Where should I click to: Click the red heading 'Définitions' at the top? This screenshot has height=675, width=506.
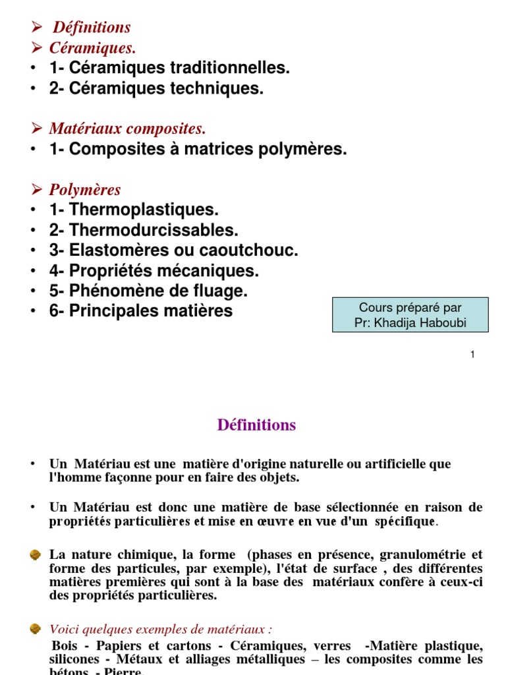tap(92, 27)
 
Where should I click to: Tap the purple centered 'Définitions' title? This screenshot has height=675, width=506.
tap(256, 425)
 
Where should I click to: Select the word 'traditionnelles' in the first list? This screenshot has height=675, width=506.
tap(228, 68)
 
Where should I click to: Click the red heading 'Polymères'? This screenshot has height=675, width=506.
tap(85, 190)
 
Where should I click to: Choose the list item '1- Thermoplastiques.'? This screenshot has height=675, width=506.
tap(133, 210)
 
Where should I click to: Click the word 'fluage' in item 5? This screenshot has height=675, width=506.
tap(223, 291)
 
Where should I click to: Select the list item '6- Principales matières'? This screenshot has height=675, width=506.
tap(140, 311)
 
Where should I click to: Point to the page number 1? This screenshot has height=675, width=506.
tap(472, 355)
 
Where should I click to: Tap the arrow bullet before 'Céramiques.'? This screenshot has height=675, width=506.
tap(37, 47)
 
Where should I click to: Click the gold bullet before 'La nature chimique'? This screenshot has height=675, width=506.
tap(36, 556)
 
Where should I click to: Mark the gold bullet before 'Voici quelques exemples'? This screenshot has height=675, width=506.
tap(36, 629)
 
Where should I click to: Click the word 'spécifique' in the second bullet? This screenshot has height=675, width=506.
tap(405, 521)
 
